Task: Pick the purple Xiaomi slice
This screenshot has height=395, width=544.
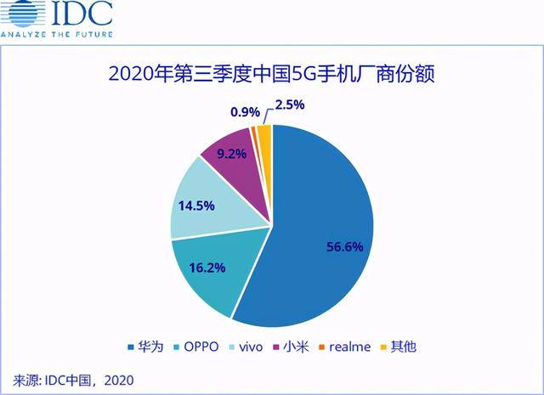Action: point(234,157)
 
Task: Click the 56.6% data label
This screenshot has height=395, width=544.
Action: point(345,246)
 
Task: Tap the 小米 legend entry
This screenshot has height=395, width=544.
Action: point(291,347)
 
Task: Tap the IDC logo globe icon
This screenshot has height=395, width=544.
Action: point(20,15)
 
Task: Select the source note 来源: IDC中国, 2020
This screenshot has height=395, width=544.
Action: point(73,379)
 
